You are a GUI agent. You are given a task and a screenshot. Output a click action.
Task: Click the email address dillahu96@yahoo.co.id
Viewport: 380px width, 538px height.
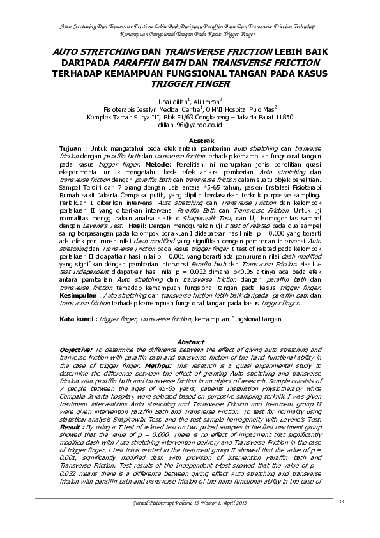(x=190, y=125)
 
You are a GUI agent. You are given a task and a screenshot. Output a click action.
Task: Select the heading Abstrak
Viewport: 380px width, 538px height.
(x=189, y=140)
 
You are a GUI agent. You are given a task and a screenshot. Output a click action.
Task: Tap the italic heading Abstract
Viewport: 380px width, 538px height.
(x=190, y=342)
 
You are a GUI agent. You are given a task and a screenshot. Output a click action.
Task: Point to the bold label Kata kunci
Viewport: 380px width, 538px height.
(x=78, y=318)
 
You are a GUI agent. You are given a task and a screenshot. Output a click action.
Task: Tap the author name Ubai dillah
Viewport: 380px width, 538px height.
(x=167, y=101)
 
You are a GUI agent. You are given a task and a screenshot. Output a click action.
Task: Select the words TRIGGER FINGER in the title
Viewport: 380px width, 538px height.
(x=190, y=84)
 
